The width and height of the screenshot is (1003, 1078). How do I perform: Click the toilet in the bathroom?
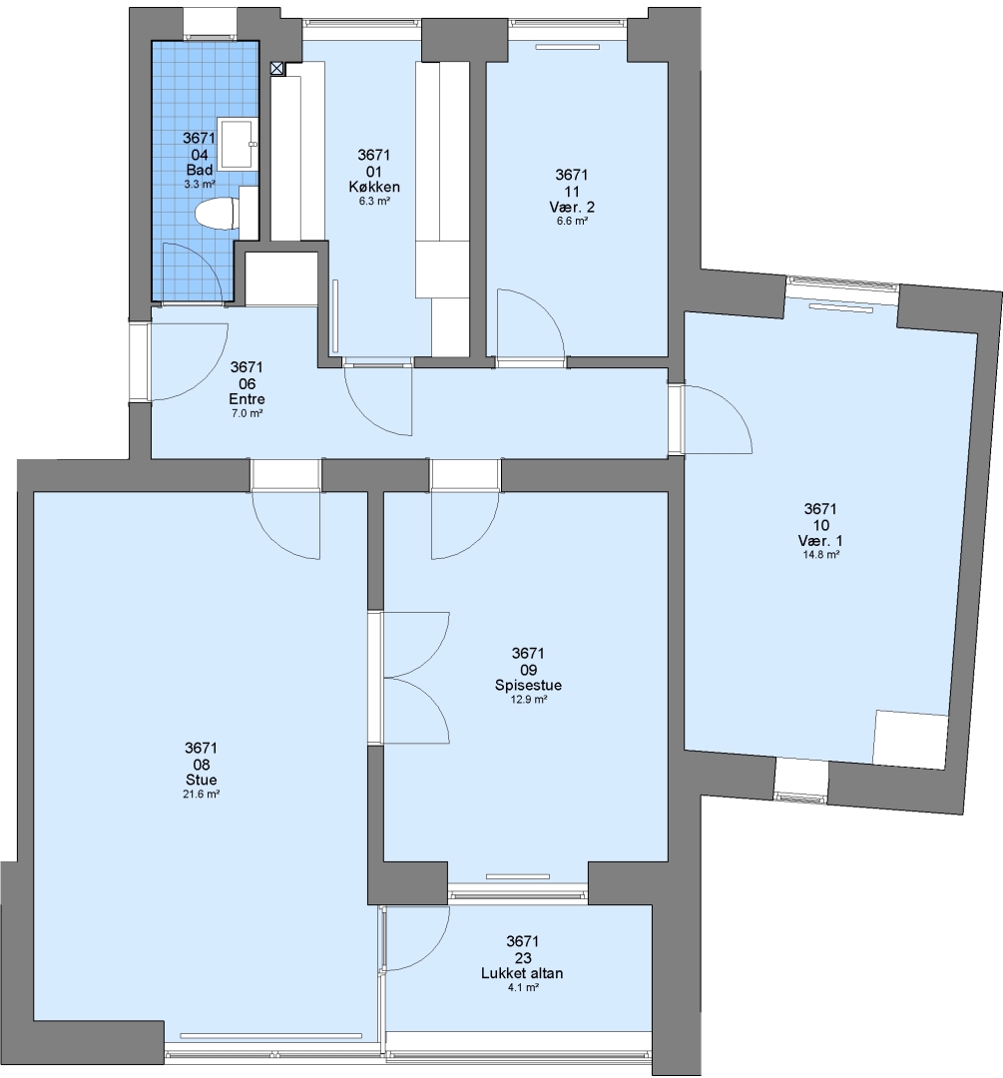pyautogui.click(x=216, y=214)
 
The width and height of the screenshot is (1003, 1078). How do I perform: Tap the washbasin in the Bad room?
pyautogui.click(x=237, y=143)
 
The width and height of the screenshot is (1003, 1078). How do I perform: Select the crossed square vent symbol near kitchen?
pyautogui.click(x=277, y=68)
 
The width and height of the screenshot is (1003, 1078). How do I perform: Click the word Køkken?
pyautogui.click(x=374, y=187)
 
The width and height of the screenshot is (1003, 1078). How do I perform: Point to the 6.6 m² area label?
pyautogui.click(x=572, y=222)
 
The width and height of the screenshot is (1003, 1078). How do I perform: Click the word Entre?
pyautogui.click(x=247, y=399)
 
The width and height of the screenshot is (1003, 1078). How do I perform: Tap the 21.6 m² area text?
pyautogui.click(x=202, y=795)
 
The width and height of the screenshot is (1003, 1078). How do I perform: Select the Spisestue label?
pyautogui.click(x=528, y=686)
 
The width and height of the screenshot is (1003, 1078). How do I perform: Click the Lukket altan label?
pyautogui.click(x=522, y=973)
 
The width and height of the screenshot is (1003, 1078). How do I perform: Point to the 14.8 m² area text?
pyautogui.click(x=820, y=555)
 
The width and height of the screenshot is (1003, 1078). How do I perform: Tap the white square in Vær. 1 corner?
pyautogui.click(x=910, y=739)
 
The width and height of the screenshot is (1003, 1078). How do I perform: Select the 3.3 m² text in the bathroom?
pyautogui.click(x=200, y=185)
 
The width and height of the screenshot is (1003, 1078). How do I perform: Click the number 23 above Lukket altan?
pyautogui.click(x=523, y=957)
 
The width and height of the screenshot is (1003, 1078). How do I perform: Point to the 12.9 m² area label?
pyautogui.click(x=528, y=700)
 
